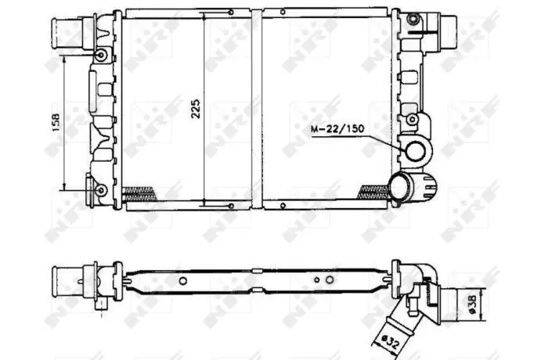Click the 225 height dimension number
pyautogui.click(x=196, y=109)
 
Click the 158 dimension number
pyautogui.click(x=56, y=122)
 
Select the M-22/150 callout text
pyautogui.click(x=337, y=129)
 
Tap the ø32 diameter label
pyautogui.click(x=389, y=340)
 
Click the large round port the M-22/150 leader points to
pyautogui.click(x=415, y=151)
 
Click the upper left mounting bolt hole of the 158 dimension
pyautogui.click(x=101, y=55)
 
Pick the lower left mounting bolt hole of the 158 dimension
pyautogui.click(x=101, y=190)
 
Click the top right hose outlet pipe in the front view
pyautogui.click(x=448, y=32)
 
